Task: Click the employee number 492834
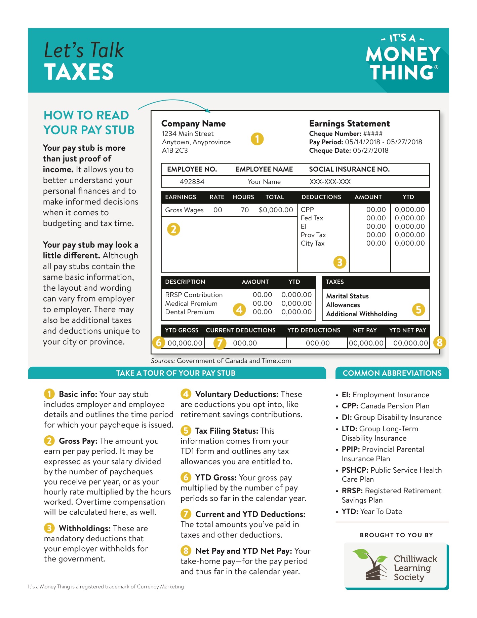[x=192, y=182]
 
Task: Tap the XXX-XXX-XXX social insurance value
[x=330, y=182]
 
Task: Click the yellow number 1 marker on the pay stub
[x=257, y=139]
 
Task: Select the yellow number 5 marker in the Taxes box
[x=419, y=310]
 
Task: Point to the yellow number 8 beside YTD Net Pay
[x=440, y=343]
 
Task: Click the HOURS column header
[x=243, y=197]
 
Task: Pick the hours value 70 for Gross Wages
[x=245, y=210]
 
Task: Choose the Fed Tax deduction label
[x=312, y=218]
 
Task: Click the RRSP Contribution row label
[x=194, y=295]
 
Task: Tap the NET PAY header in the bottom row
[x=365, y=330]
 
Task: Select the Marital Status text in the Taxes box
[x=347, y=296]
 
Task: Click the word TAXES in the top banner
[x=79, y=72]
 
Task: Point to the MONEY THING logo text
[x=403, y=63]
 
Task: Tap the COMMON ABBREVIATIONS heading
[x=392, y=373]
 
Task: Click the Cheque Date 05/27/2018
[x=370, y=150]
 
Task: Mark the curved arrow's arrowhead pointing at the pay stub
[x=208, y=110]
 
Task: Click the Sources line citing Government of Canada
[x=221, y=361]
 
